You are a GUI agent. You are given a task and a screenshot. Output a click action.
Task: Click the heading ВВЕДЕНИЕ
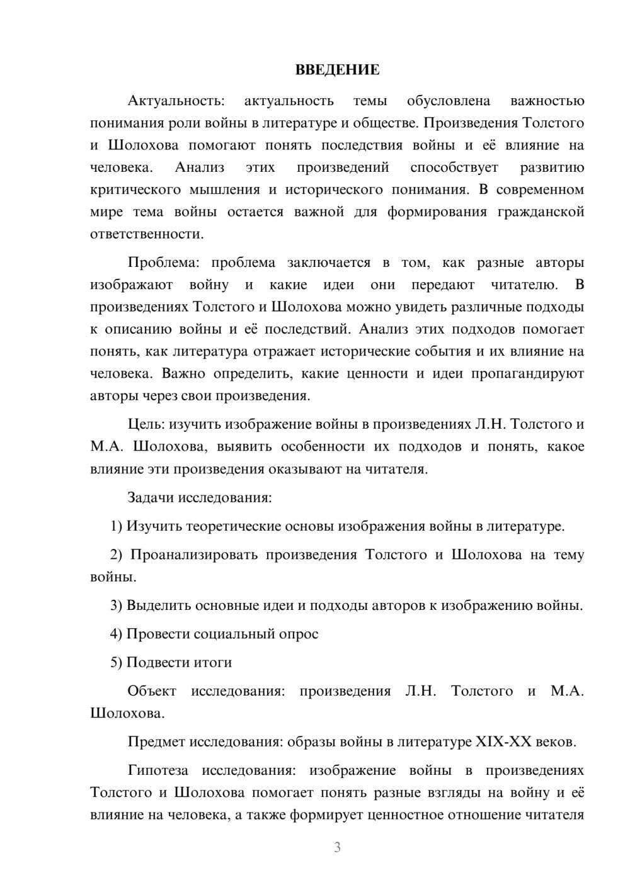[337, 70]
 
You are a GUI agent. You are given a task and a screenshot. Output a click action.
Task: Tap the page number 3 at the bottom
[337, 847]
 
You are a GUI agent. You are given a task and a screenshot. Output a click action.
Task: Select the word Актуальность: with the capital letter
[175, 101]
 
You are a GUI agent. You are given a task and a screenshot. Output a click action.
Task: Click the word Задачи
[151, 497]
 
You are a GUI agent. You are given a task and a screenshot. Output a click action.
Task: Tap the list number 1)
[116, 526]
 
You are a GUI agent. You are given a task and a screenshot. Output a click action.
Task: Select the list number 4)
[116, 634]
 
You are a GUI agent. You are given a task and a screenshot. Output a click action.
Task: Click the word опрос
[299, 634]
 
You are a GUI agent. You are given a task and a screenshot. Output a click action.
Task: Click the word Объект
[152, 691]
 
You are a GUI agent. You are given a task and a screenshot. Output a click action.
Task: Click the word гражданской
[541, 211]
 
